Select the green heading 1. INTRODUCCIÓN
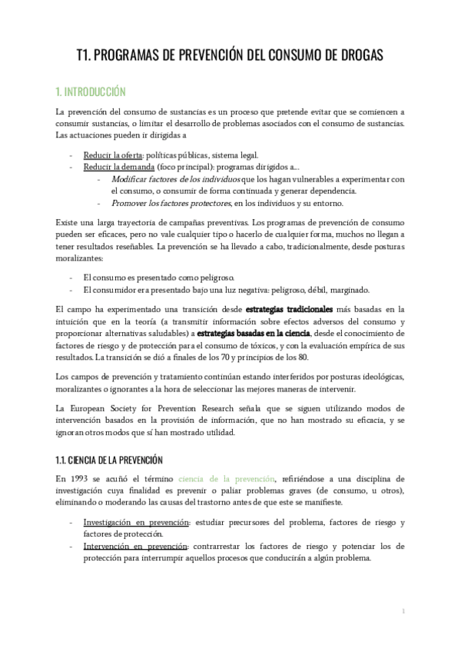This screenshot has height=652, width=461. [x=90, y=91]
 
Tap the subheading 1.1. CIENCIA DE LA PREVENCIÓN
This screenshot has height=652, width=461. [x=110, y=461]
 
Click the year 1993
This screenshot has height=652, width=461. [x=80, y=478]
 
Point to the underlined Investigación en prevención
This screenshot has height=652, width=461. [x=136, y=523]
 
